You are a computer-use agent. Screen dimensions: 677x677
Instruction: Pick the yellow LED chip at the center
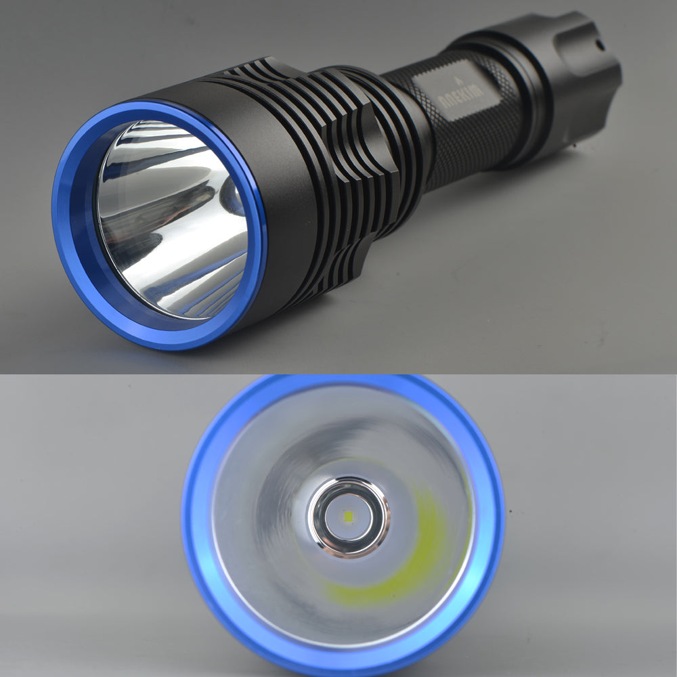pos(348,517)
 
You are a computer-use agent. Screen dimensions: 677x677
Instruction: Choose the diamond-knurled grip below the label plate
pos(467,149)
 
